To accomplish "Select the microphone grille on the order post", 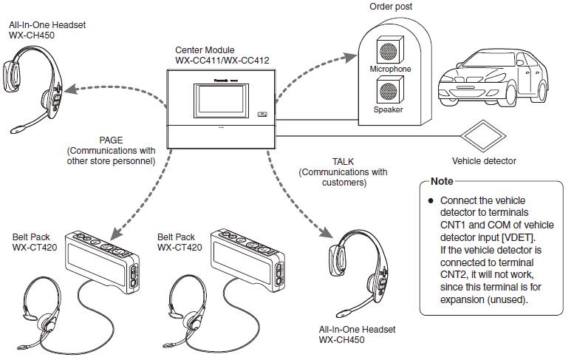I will coord(389,50).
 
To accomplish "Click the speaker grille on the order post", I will coord(389,91).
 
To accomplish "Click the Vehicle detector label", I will coord(484,160).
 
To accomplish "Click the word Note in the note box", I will coord(442,181).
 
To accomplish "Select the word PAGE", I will coord(111,138).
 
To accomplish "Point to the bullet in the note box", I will coord(429,200).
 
